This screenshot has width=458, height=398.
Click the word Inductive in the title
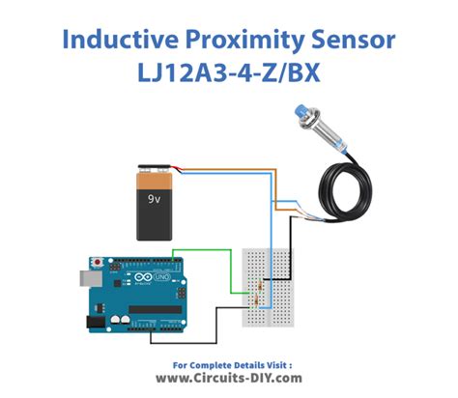pyautogui.click(x=120, y=40)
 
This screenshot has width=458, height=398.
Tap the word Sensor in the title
pyautogui.click(x=354, y=40)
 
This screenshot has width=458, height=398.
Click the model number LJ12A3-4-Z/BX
pyautogui.click(x=229, y=72)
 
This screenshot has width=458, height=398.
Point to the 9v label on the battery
pyautogui.click(x=154, y=199)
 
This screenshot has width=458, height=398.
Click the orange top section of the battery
pyautogui.click(x=155, y=182)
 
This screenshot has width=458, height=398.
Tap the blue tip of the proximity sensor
pyautogui.click(x=301, y=113)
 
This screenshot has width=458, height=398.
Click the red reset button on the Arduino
pyautogui.click(x=97, y=262)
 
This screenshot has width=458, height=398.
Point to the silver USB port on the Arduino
pyautogui.click(x=91, y=278)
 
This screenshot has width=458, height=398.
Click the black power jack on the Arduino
pyautogui.click(x=96, y=322)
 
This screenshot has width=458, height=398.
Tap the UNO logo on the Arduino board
pyautogui.click(x=162, y=276)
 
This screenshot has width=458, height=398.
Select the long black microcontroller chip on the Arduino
pyautogui.click(x=156, y=309)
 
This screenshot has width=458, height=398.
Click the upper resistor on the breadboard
pyautogui.click(x=260, y=285)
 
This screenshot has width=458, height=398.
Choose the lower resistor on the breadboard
pyautogui.click(x=256, y=300)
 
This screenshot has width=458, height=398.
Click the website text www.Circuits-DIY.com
pyautogui.click(x=229, y=378)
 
